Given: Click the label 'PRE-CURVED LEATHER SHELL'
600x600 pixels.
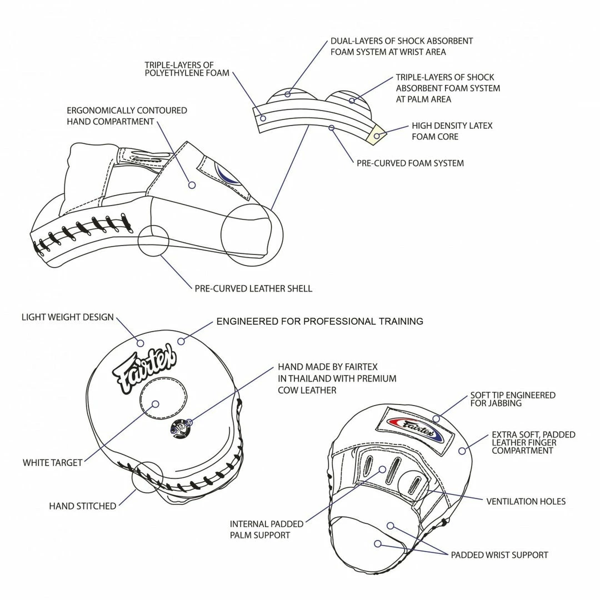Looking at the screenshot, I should tap(253, 288).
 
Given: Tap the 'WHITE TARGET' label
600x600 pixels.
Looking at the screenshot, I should tap(52, 462).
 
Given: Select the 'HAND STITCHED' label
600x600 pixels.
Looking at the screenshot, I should tap(83, 506).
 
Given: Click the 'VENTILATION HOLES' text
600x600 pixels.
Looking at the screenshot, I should tap(526, 502).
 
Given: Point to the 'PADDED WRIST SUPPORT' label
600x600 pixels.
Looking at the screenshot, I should tap(499, 555).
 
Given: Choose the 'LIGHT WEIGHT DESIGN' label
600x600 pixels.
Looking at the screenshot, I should tap(68, 317).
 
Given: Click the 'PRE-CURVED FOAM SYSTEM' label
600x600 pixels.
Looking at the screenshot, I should tap(410, 163).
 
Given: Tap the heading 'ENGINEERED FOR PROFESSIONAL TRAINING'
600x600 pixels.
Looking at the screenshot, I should tap(319, 321).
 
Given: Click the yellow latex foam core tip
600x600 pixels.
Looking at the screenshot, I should tap(377, 135).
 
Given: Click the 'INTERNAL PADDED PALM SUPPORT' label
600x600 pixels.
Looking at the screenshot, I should tap(267, 529).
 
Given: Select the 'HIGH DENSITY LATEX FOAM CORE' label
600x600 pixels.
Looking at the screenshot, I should tap(452, 131).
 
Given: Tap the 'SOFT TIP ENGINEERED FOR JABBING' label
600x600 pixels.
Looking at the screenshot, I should tap(512, 399).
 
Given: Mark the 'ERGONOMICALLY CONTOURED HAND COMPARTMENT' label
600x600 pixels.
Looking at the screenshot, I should tap(127, 116).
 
